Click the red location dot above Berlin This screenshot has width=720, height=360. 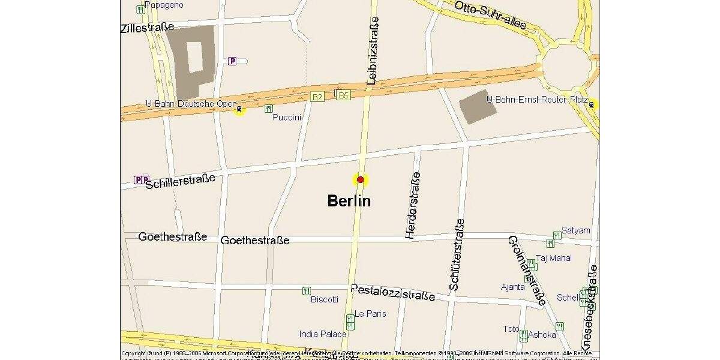click(x=361, y=179)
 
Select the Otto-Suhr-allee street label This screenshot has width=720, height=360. click(x=490, y=15)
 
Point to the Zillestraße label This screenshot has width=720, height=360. click(x=148, y=28)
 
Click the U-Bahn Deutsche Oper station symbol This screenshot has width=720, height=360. click(x=239, y=109)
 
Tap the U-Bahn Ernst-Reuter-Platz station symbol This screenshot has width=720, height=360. click(x=592, y=104)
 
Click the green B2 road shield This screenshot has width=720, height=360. click(x=317, y=97)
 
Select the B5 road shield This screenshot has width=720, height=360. click(x=343, y=95)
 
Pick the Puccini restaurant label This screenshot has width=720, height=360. click(x=286, y=117)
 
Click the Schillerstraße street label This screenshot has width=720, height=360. click(x=180, y=181)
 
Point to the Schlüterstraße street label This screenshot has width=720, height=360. click(x=457, y=254)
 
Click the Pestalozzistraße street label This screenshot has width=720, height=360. click(x=393, y=292)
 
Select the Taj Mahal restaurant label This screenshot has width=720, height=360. click(x=553, y=258)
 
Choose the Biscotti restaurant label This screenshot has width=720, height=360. click(x=324, y=299)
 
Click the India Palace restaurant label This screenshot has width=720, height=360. click(x=323, y=334)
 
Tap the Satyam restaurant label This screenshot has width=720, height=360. click(x=575, y=230)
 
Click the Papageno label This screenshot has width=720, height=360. click(x=164, y=5)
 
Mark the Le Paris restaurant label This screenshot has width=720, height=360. click(x=370, y=313)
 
